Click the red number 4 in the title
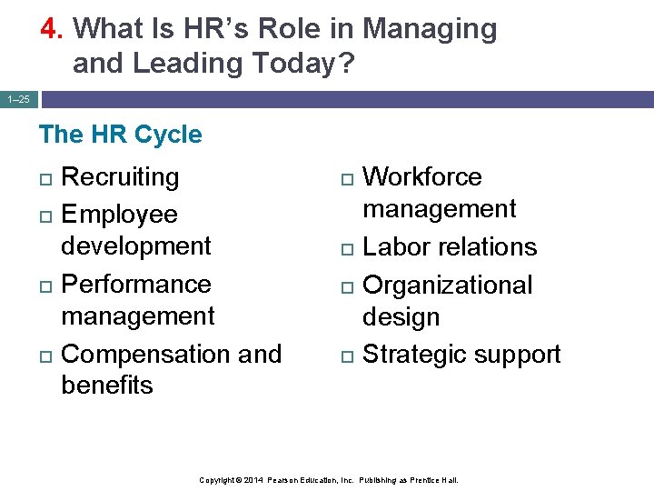pyautogui.click(x=50, y=29)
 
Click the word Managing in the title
pyautogui.click(x=430, y=29)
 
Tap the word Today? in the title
pyautogui.click(x=310, y=64)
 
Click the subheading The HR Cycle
pyautogui.click(x=120, y=135)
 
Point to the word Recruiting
pyautogui.click(x=120, y=176)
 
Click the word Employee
pyautogui.click(x=119, y=215)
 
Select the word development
pyautogui.click(x=136, y=246)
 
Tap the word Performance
pyautogui.click(x=136, y=284)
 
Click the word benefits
pyautogui.click(x=107, y=386)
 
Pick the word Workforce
pyautogui.click(x=422, y=176)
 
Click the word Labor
pyautogui.click(x=395, y=247)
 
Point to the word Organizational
pyautogui.click(x=448, y=285)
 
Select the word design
pyautogui.click(x=401, y=317)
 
